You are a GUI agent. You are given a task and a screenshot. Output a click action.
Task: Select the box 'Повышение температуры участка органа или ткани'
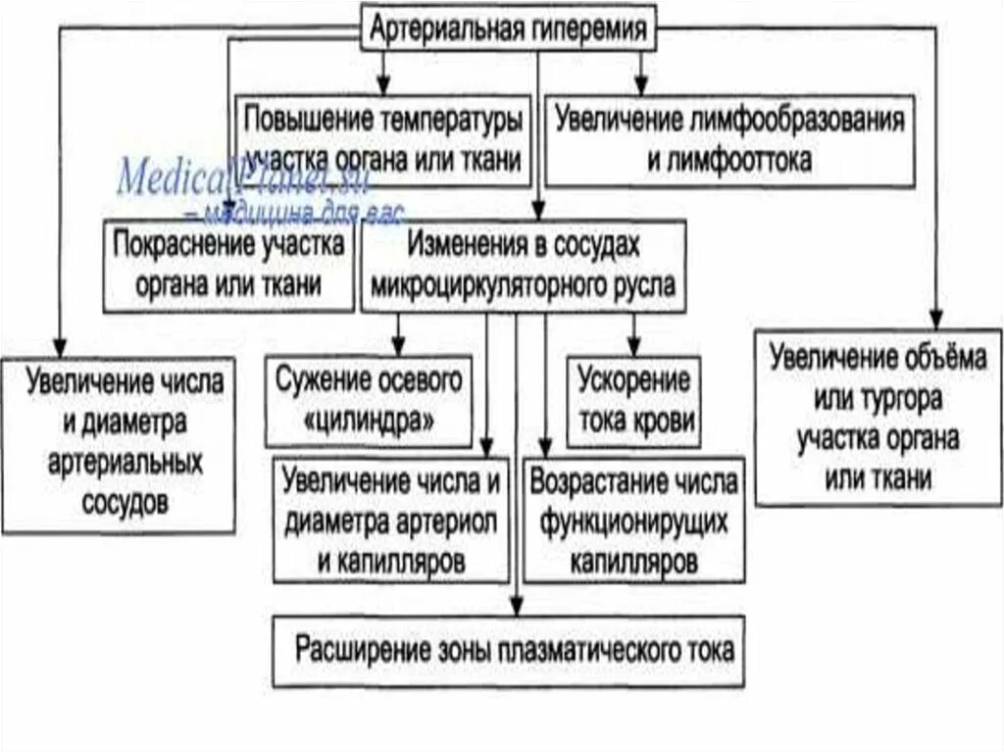coord(383,139)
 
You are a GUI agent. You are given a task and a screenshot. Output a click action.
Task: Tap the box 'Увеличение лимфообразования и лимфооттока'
coord(729,139)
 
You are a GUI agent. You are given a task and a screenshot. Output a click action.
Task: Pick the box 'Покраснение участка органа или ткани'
coord(228,265)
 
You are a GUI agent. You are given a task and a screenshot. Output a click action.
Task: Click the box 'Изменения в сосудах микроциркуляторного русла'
coord(524,266)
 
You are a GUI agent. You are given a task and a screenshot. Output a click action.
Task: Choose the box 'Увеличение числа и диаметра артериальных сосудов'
coord(118,443)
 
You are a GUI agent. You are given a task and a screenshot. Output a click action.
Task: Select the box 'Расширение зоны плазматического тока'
coord(508,650)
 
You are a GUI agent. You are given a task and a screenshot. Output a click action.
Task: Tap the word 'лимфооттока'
coord(729,159)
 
